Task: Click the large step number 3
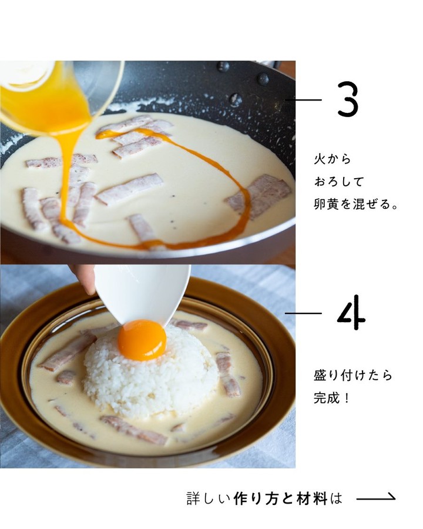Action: pyautogui.click(x=348, y=100)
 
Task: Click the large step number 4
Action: pyautogui.click(x=351, y=313)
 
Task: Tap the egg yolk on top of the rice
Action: pyautogui.click(x=142, y=340)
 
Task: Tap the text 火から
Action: pyautogui.click(x=333, y=159)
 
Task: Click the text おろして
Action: pyautogui.click(x=339, y=182)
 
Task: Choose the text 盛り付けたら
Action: pyautogui.click(x=353, y=376)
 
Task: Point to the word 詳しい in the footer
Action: pyautogui.click(x=209, y=498)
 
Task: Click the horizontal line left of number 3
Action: pyautogui.click(x=303, y=100)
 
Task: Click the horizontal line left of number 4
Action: pyautogui.click(x=303, y=313)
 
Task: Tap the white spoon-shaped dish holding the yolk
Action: pyautogui.click(x=142, y=293)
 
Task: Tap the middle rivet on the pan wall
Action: pyautogui.click(x=263, y=79)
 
